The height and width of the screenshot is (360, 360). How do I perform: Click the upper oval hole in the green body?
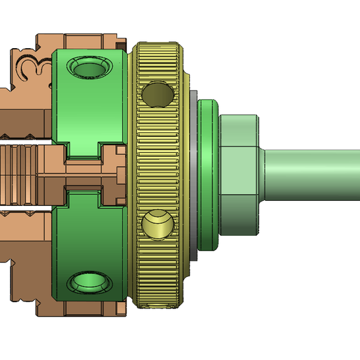pos(89,68)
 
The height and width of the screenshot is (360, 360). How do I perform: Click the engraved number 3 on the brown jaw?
pos(29,67)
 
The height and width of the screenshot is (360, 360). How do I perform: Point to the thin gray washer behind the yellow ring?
pos(193,174)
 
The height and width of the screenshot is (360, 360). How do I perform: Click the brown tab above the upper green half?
pos(91,40)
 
